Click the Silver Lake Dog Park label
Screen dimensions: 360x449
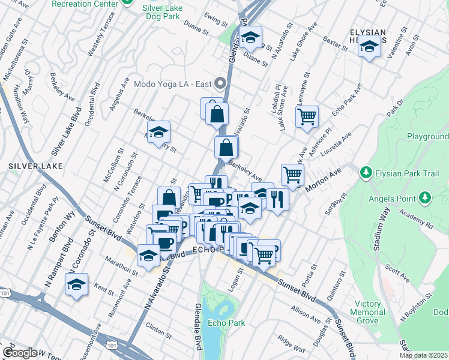pyautogui.click(x=164, y=14)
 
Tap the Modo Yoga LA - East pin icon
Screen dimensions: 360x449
pyautogui.click(x=220, y=83)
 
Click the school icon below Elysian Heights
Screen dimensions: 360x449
pyautogui.click(x=370, y=46)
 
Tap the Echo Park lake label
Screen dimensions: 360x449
pyautogui.click(x=226, y=323)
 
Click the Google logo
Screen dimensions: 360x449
pyautogui.click(x=20, y=353)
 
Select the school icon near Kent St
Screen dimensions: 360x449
pyautogui.click(x=77, y=284)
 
